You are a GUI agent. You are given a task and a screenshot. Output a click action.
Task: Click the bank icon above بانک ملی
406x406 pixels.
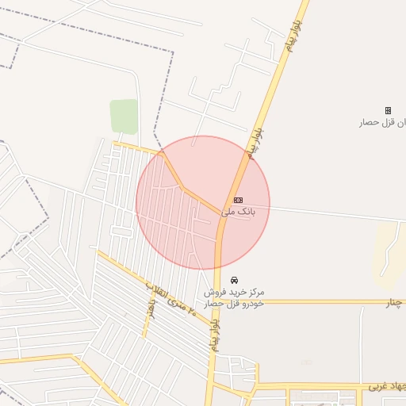pyautogui.click(x=238, y=200)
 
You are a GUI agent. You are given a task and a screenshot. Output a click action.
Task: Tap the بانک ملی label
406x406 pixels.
pyautogui.click(x=238, y=212)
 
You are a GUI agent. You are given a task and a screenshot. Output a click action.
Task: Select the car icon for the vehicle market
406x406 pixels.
pyautogui.click(x=234, y=281)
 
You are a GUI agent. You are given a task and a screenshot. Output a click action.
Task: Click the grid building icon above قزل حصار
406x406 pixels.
pyautogui.click(x=388, y=110)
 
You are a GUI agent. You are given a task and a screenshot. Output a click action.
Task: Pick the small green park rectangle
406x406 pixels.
pyautogui.click(x=123, y=116)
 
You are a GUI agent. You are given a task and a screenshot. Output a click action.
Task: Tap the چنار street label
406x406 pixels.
pyautogui.click(x=394, y=303)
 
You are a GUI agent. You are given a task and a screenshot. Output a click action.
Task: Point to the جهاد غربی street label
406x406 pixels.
pyautogui.click(x=386, y=387)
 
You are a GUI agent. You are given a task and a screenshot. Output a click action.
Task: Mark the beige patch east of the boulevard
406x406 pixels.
pyautogui.click(x=389, y=254)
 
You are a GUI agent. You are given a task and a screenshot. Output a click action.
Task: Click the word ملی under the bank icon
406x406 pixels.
pyautogui.click(x=228, y=212)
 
